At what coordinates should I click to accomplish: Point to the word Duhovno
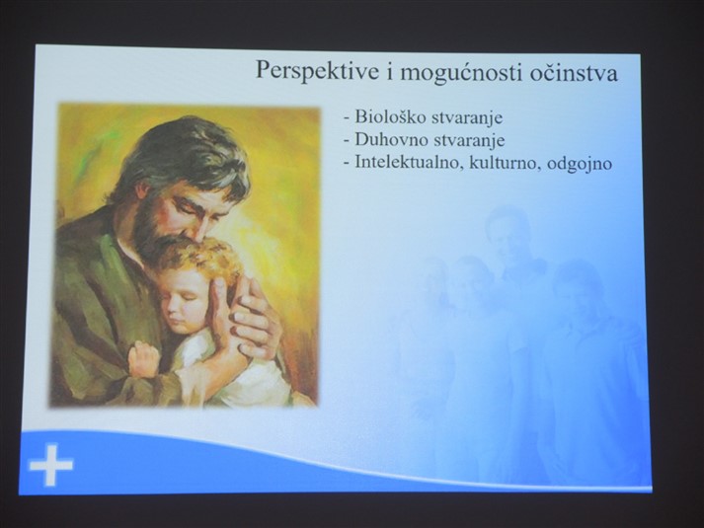[x=391, y=139]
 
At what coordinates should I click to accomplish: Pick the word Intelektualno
[x=409, y=162]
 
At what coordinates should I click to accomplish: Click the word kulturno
[x=505, y=163]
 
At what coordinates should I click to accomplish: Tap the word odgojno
[x=580, y=164]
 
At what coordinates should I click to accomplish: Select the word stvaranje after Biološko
[x=466, y=118]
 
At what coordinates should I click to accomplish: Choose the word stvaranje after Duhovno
[x=469, y=140]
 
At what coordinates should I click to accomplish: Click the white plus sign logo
[x=51, y=465]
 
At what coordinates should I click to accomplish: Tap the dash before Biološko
[x=347, y=118]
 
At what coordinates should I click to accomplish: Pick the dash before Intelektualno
[x=347, y=163]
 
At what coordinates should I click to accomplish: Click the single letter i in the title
[x=389, y=73]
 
